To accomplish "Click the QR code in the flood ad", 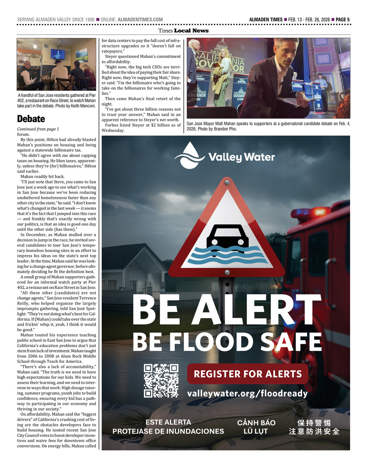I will point(161,381).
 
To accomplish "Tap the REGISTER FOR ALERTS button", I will point(247,374).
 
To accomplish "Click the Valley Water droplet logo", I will point(189,156).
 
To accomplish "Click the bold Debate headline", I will point(31,119).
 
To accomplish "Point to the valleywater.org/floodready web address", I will point(247,394).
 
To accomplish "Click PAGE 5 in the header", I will point(342,19).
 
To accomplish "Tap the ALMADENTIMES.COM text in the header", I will point(140,19).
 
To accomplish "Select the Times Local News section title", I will point(183,31).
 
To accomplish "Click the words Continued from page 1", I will point(38,129).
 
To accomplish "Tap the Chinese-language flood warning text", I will point(314,427).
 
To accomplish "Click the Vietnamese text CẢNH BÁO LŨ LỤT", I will point(256,427).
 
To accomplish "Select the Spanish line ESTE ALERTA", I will point(168,422).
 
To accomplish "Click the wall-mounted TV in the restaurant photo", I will point(58,54).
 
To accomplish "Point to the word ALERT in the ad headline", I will point(256,310).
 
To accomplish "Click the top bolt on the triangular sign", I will point(228,182).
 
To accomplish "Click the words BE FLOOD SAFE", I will point(227,342).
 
